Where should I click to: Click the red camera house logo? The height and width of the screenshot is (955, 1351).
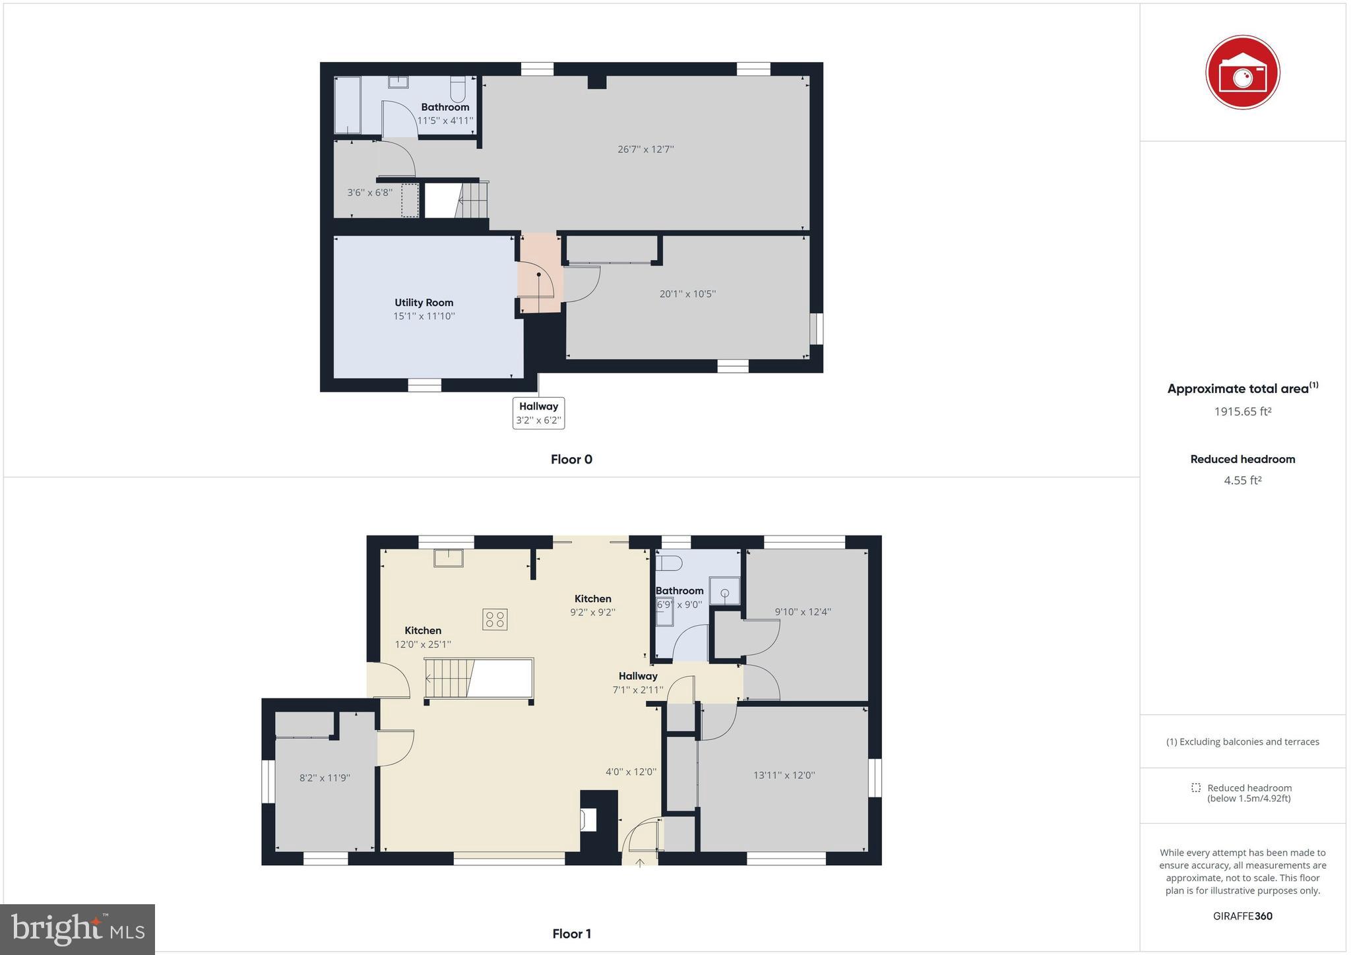[1242, 73]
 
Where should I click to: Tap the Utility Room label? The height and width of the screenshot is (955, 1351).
[424, 303]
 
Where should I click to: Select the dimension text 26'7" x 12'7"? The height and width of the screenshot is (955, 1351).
[645, 149]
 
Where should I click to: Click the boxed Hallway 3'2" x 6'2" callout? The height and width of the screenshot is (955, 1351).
[538, 413]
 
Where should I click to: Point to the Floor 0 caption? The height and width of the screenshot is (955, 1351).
[571, 460]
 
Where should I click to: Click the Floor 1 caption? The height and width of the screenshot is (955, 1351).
[571, 934]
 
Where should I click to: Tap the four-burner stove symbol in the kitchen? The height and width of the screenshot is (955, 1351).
[495, 619]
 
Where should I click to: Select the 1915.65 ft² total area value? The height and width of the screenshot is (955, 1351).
[1242, 412]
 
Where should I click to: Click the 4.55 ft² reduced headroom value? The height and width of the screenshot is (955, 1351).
[1242, 480]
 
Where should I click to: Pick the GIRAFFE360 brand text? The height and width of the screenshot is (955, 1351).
[1242, 916]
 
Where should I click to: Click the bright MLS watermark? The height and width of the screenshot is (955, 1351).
[78, 930]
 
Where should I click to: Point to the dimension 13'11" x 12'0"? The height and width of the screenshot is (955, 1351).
[784, 776]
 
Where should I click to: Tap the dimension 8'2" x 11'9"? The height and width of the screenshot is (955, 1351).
[325, 778]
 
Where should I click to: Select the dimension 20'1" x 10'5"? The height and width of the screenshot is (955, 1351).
[687, 294]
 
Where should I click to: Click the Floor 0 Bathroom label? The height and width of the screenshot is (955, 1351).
[445, 108]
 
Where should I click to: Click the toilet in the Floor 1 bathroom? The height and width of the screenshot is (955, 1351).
[669, 563]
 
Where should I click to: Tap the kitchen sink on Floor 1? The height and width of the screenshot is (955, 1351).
[448, 558]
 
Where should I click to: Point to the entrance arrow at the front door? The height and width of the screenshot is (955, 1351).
[640, 862]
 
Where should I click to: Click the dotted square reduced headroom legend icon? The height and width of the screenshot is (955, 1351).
[1195, 787]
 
